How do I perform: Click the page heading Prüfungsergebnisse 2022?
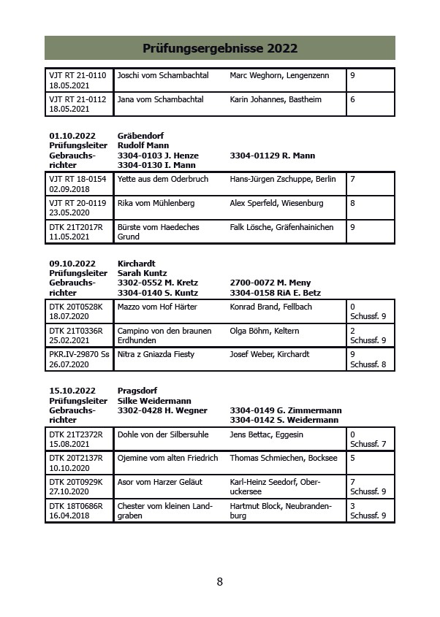(219, 49)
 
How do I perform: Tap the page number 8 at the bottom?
(219, 582)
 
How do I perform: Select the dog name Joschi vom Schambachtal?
(162, 76)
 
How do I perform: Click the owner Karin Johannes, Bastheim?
(275, 99)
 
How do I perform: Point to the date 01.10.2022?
(72, 136)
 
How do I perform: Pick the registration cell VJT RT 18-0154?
(77, 179)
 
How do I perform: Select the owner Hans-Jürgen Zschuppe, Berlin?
(282, 179)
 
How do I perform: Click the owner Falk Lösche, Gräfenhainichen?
(281, 227)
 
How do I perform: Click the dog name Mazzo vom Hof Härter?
(157, 307)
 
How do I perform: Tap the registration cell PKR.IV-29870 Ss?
(80, 355)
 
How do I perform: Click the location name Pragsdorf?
(137, 391)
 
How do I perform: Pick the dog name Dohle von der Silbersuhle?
(164, 434)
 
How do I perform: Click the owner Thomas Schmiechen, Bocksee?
(284, 459)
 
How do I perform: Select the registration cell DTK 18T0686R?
(76, 506)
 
